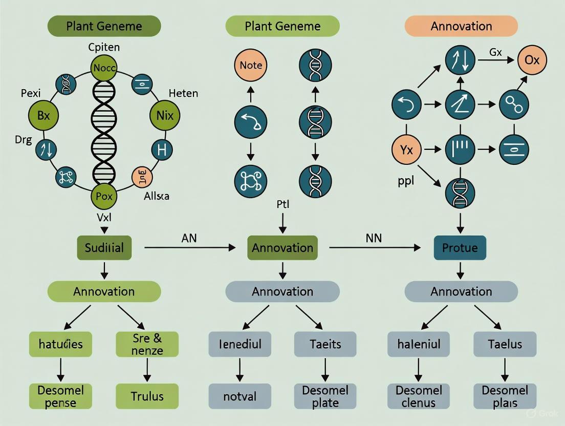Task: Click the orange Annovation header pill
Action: [x=461, y=26]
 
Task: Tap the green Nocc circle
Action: [x=104, y=68]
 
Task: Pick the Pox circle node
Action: [x=104, y=196]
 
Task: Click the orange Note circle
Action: [x=251, y=66]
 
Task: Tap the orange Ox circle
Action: [x=532, y=60]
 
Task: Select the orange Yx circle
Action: [x=406, y=150]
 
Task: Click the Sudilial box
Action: [x=104, y=248]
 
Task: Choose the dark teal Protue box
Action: [x=460, y=248]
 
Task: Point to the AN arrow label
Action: [x=189, y=238]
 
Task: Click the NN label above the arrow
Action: [x=374, y=238]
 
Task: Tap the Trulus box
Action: [x=147, y=396]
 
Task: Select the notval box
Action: [x=240, y=396]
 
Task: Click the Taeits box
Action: [x=325, y=344]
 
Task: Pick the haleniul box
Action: [x=419, y=344]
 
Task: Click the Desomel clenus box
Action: [x=419, y=396]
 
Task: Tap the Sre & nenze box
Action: [x=147, y=344]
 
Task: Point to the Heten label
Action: [x=183, y=93]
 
